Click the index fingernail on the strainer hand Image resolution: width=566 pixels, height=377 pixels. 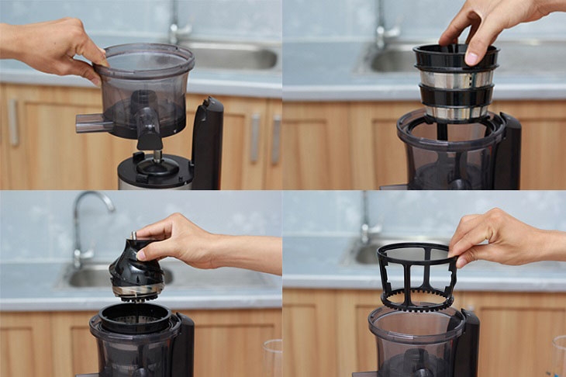coord(471,58)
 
